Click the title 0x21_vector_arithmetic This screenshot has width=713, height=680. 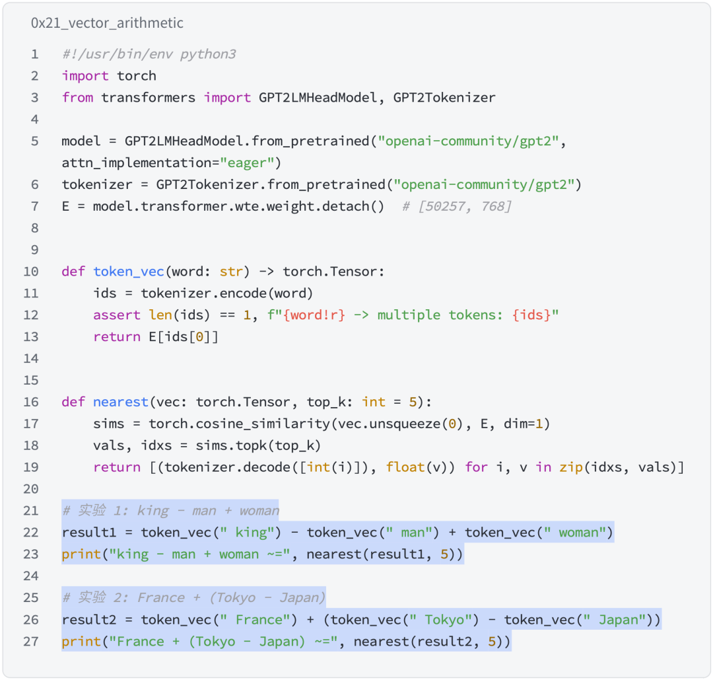tap(107, 22)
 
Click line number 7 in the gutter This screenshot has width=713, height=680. tap(34, 206)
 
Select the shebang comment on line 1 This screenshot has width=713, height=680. tap(149, 54)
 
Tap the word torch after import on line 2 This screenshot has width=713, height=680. tap(137, 75)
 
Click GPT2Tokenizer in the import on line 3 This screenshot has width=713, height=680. tap(444, 97)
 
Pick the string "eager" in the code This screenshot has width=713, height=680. tap(246, 163)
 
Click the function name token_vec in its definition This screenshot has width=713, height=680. tap(129, 271)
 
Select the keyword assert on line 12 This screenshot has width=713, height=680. tap(117, 315)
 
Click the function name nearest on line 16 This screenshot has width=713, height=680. tap(121, 402)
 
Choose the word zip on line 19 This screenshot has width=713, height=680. tap(571, 467)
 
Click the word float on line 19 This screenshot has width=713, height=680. tap(405, 467)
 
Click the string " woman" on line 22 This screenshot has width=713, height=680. tap(575, 532)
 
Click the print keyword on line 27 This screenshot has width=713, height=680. tap(81, 641)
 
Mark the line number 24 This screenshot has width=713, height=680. tap(31, 576)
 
